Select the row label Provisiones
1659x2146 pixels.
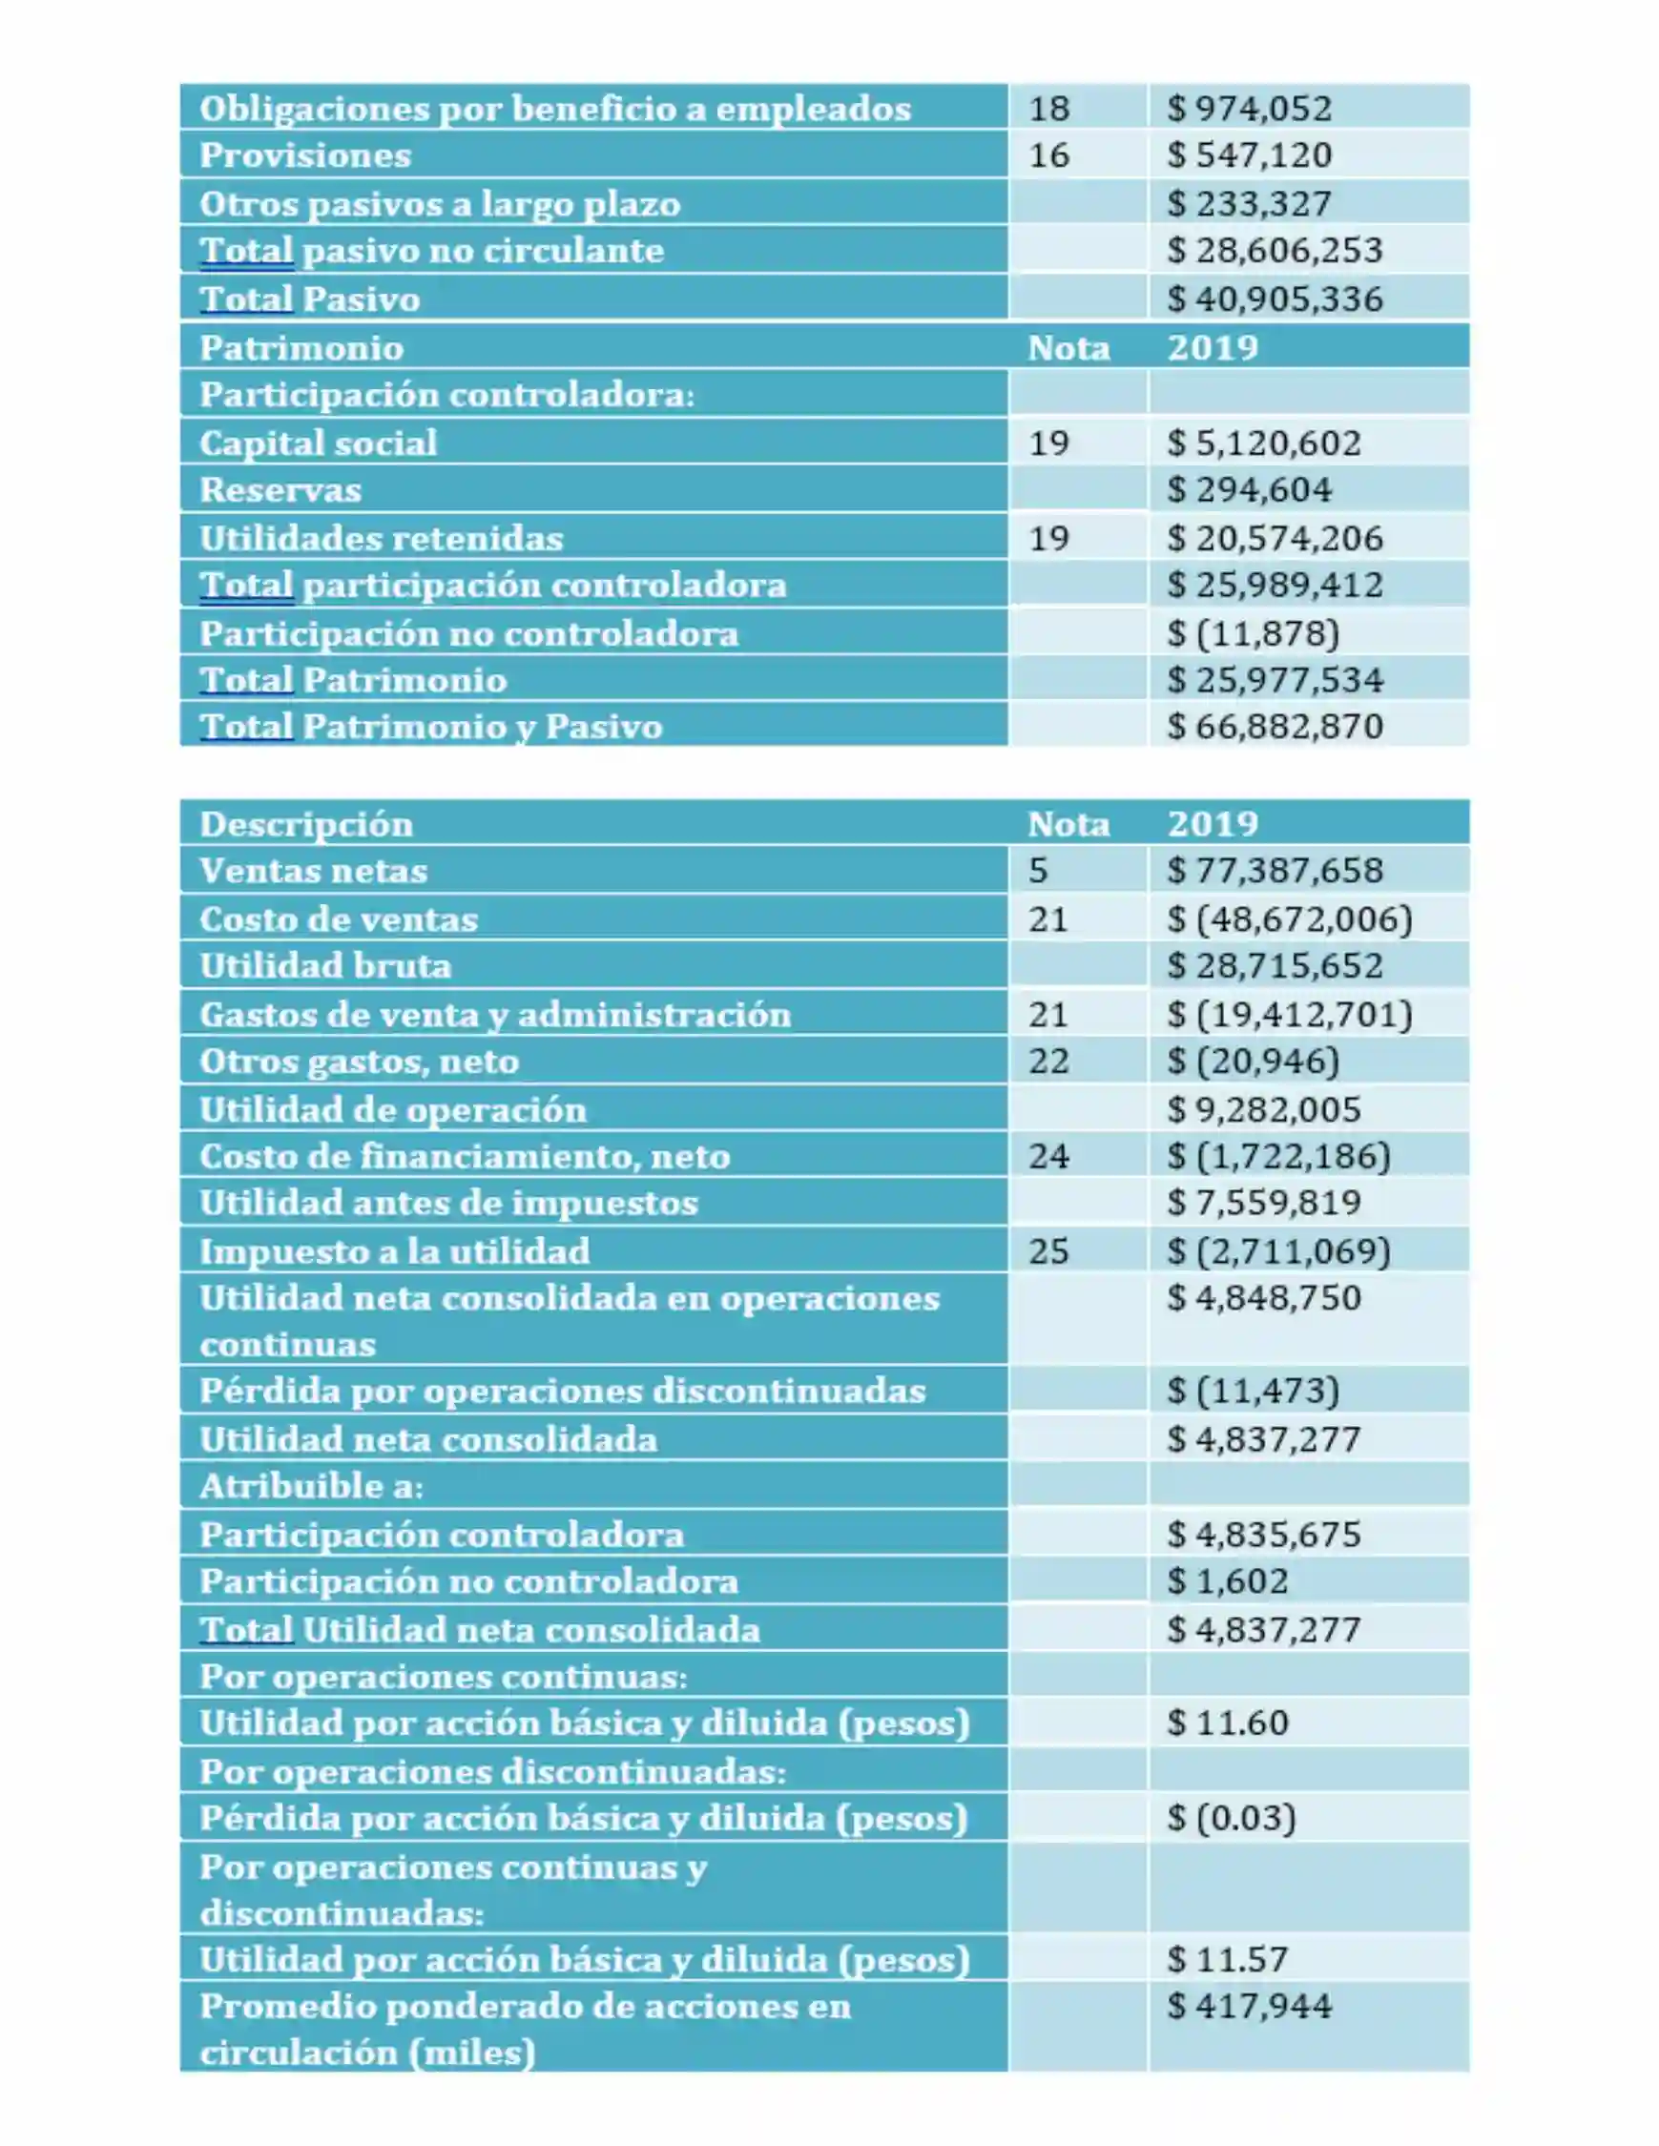coord(304,155)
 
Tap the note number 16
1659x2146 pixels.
coord(1048,155)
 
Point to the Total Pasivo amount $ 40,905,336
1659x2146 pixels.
coord(1275,299)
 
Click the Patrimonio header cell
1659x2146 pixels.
coord(301,348)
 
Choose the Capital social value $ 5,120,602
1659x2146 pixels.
coord(1264,444)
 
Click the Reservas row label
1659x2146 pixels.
coord(280,489)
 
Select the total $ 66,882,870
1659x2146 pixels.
coord(1275,726)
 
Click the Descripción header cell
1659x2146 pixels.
coord(305,823)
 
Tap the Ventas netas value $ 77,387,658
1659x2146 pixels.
coord(1275,871)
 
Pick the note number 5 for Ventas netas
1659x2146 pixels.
coord(1038,871)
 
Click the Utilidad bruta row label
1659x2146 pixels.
coord(325,965)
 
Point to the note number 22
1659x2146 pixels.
coord(1048,1062)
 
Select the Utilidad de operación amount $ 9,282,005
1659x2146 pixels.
coord(1264,1109)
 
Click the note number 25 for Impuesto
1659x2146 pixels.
coord(1048,1250)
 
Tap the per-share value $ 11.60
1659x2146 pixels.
coord(1227,1723)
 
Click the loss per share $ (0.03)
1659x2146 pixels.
coord(1231,1818)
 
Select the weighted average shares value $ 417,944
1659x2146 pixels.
coord(1248,2006)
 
